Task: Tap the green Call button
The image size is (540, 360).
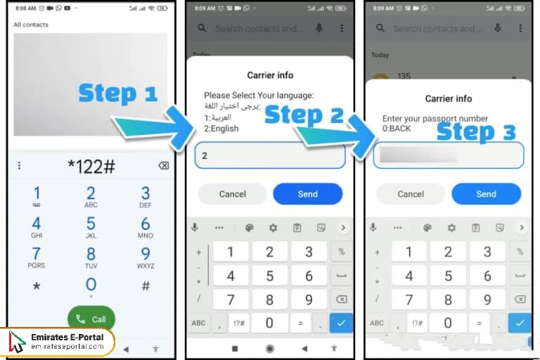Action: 91,319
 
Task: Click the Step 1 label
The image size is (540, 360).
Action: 117,93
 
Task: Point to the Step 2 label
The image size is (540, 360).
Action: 304,115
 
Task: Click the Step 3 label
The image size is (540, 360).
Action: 476,131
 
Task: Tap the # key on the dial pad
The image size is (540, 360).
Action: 146,285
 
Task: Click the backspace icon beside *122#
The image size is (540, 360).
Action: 163,165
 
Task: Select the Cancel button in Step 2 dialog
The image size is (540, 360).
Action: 232,193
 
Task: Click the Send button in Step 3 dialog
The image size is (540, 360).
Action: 486,193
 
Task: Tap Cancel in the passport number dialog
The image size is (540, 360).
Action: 411,193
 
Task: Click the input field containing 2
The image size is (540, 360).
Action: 270,155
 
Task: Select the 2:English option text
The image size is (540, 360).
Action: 221,129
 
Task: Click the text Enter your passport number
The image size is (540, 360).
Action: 435,119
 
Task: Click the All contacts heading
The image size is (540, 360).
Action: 31,25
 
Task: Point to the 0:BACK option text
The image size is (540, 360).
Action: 397,129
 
